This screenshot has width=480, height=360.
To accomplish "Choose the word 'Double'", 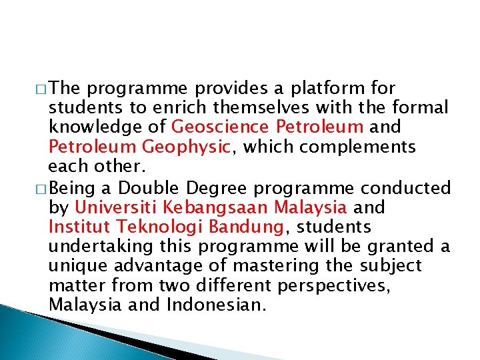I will [x=141, y=189].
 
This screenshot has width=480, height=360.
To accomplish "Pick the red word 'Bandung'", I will [x=247, y=227].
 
